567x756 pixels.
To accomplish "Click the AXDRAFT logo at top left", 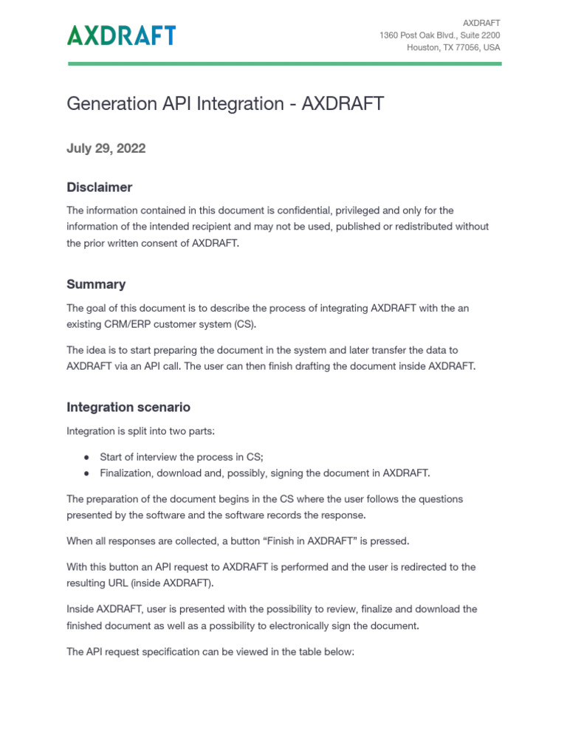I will tap(121, 35).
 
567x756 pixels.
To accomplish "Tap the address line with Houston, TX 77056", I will tap(453, 47).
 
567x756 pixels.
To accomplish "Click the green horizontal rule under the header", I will tap(284, 63).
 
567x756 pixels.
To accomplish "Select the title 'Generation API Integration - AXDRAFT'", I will tap(225, 104).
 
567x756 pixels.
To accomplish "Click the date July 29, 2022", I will tap(106, 148).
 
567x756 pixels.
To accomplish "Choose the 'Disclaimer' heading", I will tap(99, 188).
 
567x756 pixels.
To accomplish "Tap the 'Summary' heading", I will tap(96, 284).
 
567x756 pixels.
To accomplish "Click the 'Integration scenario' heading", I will tap(128, 407).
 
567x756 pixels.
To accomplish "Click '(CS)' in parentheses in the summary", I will tap(247, 324).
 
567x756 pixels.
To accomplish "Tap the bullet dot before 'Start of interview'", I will tap(86, 457).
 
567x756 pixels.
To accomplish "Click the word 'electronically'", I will tap(319, 625).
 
